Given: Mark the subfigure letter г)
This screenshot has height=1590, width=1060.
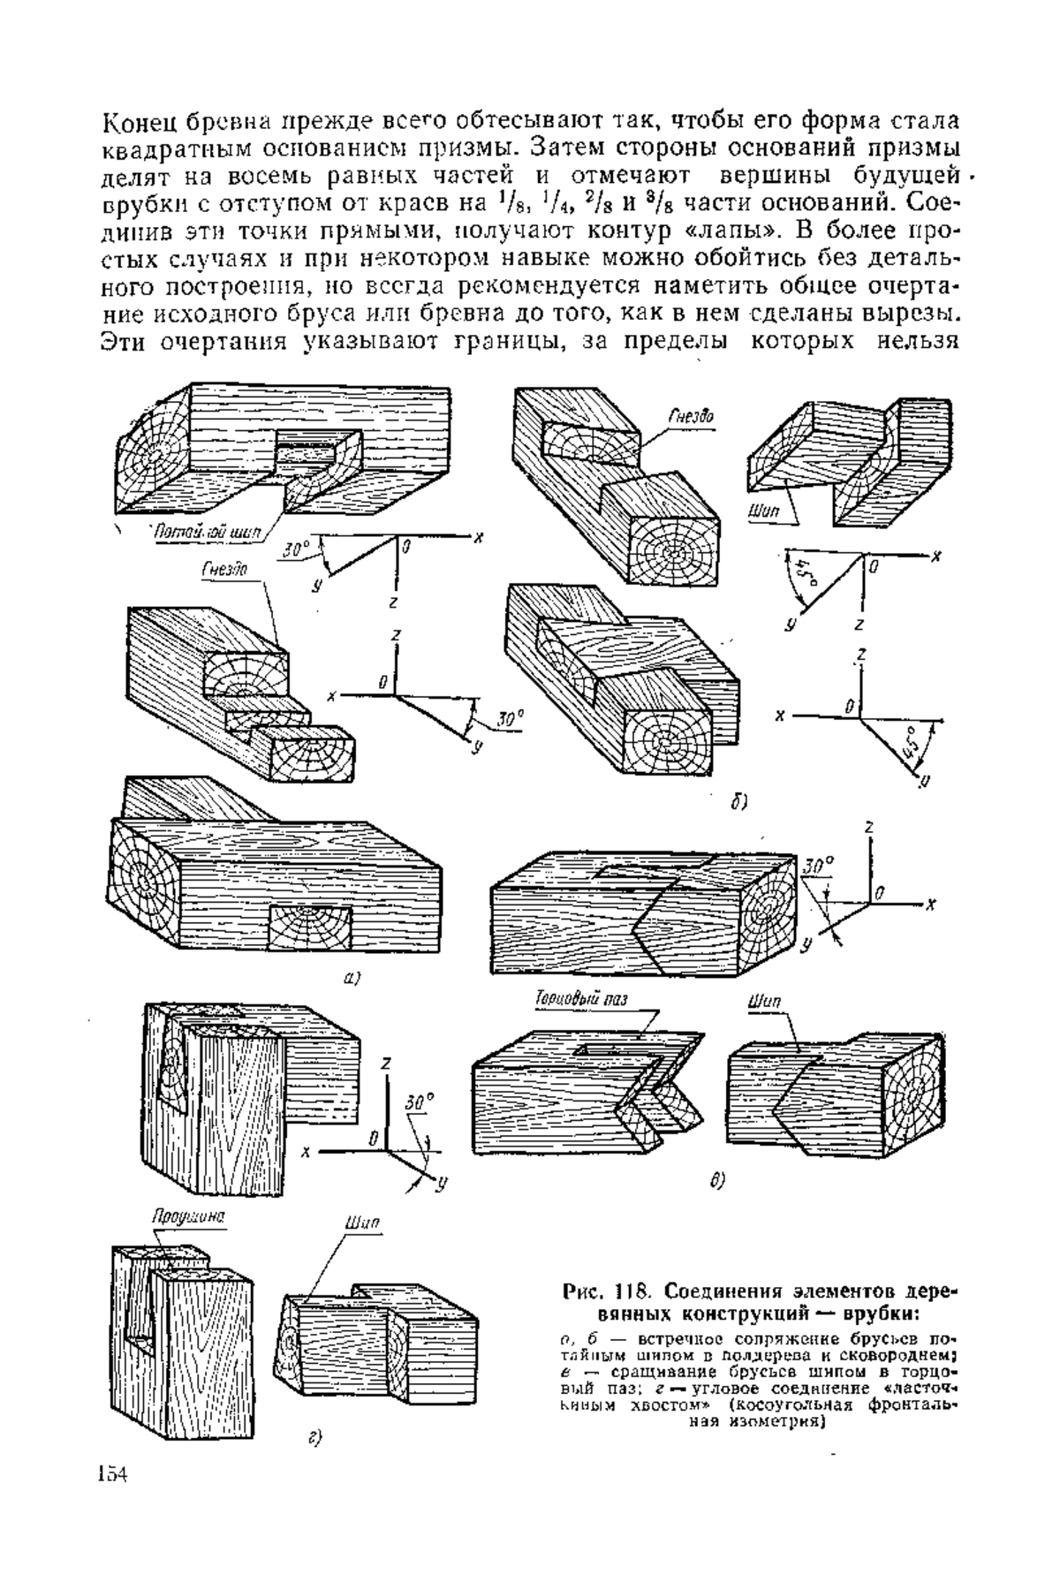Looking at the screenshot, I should pyautogui.click(x=314, y=1439).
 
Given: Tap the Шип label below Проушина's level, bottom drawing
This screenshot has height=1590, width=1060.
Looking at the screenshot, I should pyautogui.click(x=362, y=1223).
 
